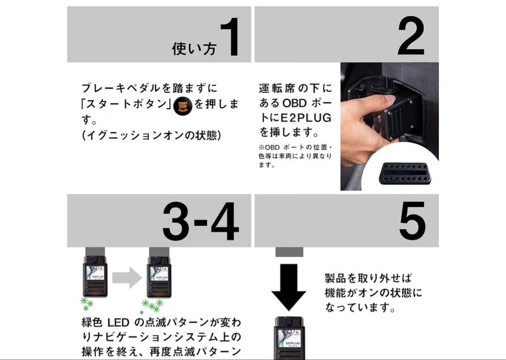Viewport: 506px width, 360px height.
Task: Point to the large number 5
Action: click(412, 221)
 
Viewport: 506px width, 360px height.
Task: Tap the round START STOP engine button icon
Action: click(182, 106)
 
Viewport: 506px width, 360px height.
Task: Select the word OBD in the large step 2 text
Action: click(295, 102)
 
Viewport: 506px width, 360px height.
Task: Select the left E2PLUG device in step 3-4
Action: click(95, 275)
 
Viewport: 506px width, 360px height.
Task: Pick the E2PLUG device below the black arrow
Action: click(289, 337)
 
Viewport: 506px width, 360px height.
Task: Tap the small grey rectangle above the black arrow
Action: click(289, 252)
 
